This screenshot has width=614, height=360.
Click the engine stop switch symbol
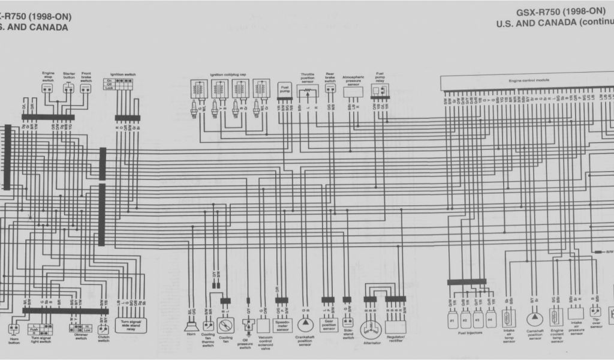pyautogui.click(x=48, y=88)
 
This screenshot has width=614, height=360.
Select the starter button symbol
pyautogui.click(x=69, y=88)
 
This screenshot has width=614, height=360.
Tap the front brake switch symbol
pyautogui.click(x=86, y=88)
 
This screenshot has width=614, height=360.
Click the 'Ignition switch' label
pyautogui.click(x=122, y=74)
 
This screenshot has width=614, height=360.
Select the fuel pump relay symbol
pyautogui.click(x=379, y=91)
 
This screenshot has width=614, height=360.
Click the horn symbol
pyautogui.click(x=191, y=326)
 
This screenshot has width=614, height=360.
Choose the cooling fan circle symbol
pyautogui.click(x=226, y=326)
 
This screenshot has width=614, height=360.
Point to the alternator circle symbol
pyautogui.click(x=372, y=329)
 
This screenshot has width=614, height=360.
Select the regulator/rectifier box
pyautogui.click(x=396, y=326)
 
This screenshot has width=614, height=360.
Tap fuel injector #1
pyautogui.click(x=452, y=319)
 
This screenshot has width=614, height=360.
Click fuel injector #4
pyautogui.click(x=491, y=319)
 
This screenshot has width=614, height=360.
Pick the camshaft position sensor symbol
pyautogui.click(x=533, y=319)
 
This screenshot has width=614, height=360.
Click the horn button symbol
pyautogui.click(x=13, y=329)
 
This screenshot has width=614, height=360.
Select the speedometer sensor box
pyautogui.click(x=281, y=324)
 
